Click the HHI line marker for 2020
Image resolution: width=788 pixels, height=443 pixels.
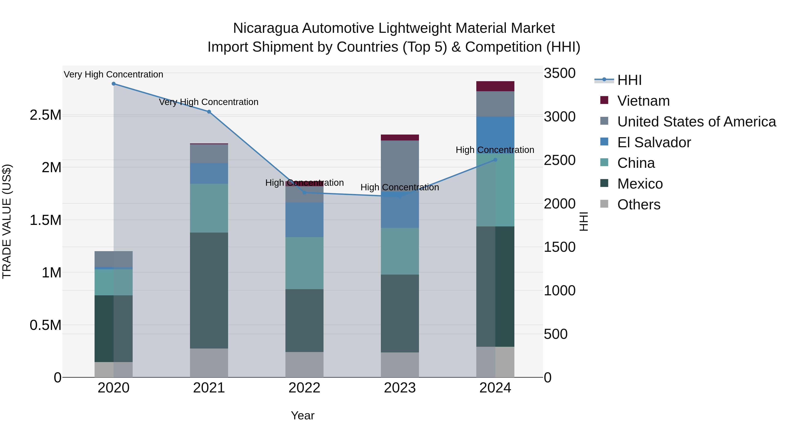(113, 84)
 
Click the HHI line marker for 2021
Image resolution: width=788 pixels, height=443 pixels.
(209, 112)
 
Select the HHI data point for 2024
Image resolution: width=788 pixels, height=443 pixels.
(495, 160)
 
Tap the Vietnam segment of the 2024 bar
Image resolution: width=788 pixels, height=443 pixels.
(495, 86)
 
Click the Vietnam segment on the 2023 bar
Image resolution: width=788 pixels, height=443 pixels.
(400, 138)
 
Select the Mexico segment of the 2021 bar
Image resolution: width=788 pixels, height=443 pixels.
(209, 291)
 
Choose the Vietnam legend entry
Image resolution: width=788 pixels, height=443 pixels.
(643, 101)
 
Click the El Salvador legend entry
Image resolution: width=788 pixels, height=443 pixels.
(654, 142)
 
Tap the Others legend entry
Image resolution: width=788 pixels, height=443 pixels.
(638, 205)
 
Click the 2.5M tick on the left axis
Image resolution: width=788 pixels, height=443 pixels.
(46, 115)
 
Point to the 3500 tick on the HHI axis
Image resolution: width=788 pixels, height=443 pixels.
(559, 73)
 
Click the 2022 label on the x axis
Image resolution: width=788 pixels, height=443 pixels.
(304, 388)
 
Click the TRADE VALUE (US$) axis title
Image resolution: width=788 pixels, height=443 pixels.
(7, 221)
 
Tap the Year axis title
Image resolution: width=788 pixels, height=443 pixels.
(303, 415)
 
